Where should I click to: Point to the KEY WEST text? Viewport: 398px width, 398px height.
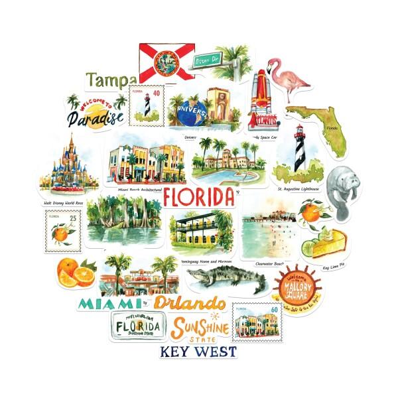(198, 352)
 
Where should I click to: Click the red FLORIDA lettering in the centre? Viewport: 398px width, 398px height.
(198, 197)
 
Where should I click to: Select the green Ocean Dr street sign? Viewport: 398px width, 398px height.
(206, 61)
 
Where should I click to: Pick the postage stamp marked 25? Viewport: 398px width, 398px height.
(64, 230)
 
